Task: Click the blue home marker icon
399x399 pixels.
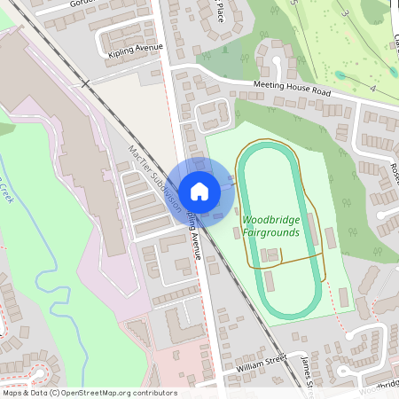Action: pyautogui.click(x=199, y=191)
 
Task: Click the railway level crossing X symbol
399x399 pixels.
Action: pyautogui.click(x=85, y=84)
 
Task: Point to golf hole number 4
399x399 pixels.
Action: pyautogui.click(x=373, y=90)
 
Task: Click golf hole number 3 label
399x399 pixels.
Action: pyautogui.click(x=340, y=15)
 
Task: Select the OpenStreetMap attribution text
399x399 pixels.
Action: pyautogui.click(x=89, y=393)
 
